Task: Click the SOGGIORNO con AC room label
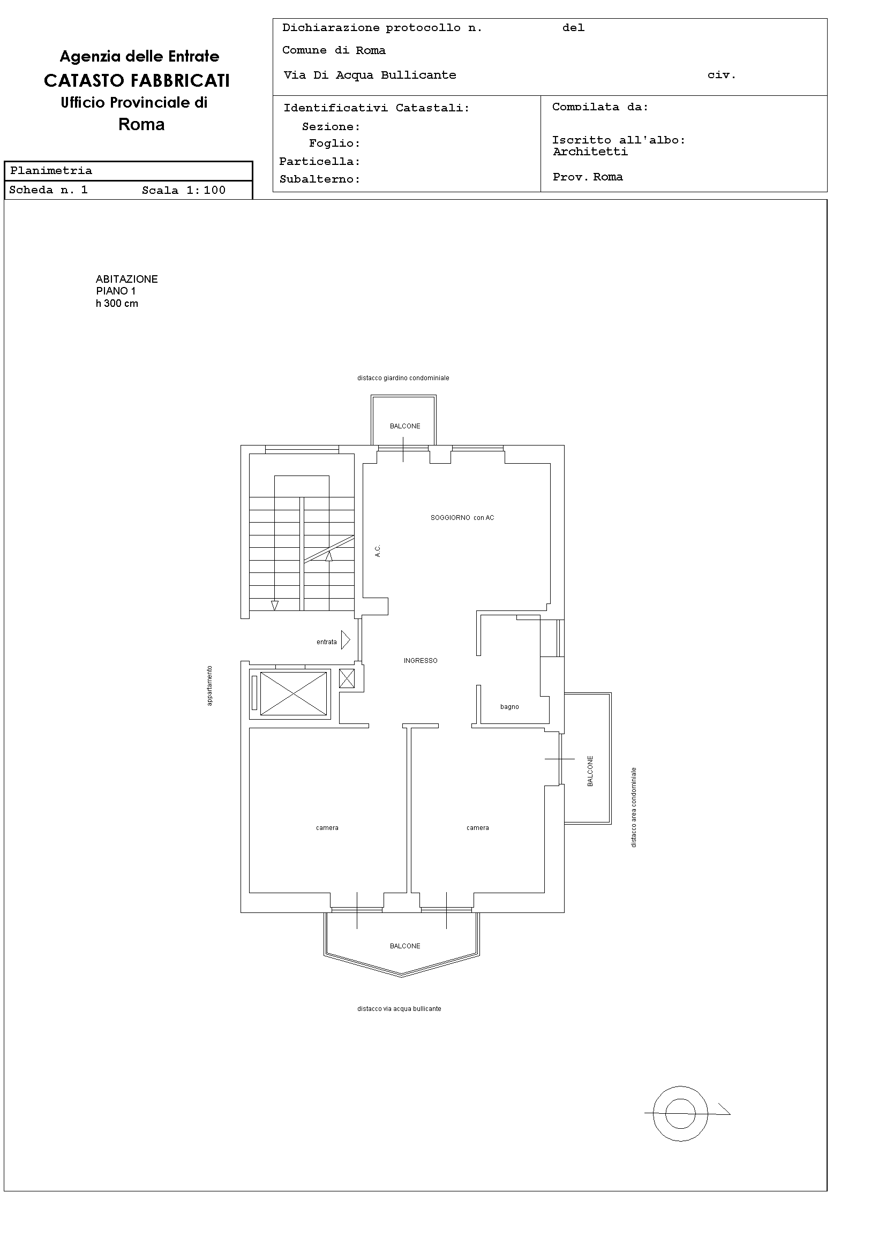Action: pos(462,518)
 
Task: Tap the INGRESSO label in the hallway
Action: pos(421,661)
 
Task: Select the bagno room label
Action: pos(509,707)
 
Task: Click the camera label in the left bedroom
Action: pos(327,828)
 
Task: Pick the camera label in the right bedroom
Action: pos(478,828)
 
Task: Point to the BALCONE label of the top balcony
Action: pos(405,426)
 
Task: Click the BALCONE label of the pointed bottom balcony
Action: pos(405,946)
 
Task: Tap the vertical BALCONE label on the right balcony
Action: pos(590,771)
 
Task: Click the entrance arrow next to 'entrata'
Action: pos(346,639)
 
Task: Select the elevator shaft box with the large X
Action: pos(294,693)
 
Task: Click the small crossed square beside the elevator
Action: pos(347,678)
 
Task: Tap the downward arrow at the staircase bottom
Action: pos(275,605)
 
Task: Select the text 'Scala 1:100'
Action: pos(183,191)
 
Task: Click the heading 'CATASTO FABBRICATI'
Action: pos(137,81)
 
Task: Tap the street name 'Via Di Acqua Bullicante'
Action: pos(370,76)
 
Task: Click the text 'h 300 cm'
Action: pos(117,304)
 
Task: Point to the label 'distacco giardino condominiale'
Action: pos(403,378)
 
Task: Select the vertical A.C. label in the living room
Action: pos(377,550)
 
